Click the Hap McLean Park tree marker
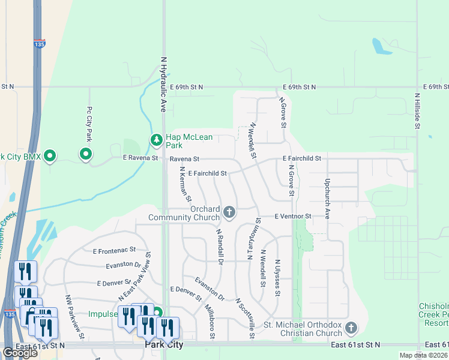156,140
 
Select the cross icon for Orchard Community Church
229,212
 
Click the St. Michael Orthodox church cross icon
351,328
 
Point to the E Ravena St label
140,158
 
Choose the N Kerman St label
185,184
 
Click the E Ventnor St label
293,216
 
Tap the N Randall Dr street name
219,247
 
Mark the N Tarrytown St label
252,238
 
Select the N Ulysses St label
277,277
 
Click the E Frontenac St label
114,250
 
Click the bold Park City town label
164,346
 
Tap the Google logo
20,353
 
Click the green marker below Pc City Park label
86,155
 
